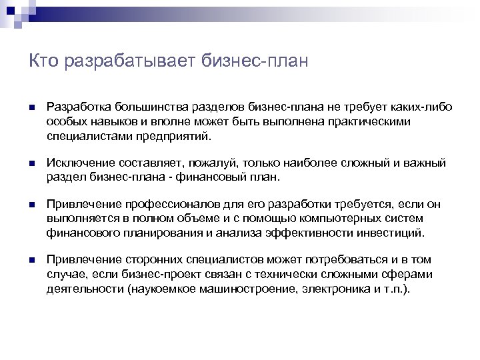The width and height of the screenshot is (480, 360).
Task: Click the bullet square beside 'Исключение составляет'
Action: click(31, 164)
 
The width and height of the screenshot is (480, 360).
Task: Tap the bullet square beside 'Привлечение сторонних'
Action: click(31, 260)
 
